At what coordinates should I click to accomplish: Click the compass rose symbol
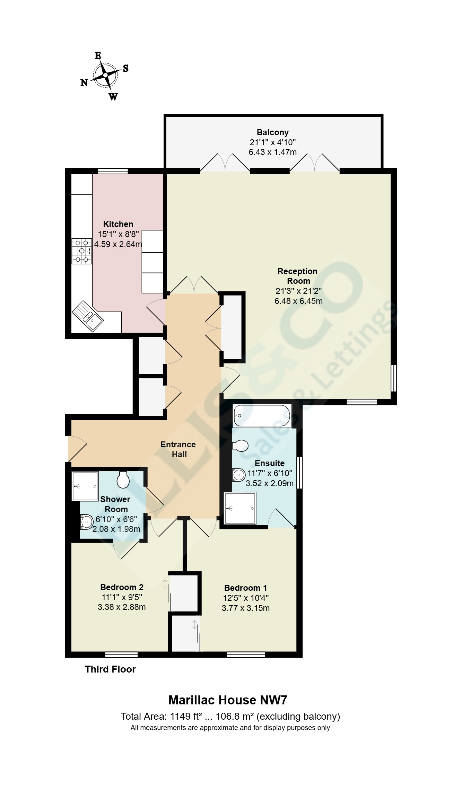pos(105,76)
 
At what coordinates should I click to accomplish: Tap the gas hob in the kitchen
pos(82,251)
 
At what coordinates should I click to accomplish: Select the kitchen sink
pos(88,316)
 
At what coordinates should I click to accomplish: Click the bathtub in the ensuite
pos(262,415)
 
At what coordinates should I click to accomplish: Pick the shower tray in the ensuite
pos(240,508)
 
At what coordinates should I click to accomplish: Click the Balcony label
pos(272,132)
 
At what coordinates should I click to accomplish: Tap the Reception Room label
pos(298,276)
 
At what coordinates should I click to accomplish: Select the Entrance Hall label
pos(178,449)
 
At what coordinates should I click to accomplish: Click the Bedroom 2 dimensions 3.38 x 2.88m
pos(121,607)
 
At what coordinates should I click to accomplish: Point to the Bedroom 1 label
pos(245,588)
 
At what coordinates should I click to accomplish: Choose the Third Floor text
pos(110,669)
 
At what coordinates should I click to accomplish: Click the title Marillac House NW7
pos(228,700)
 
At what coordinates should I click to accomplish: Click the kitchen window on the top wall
pos(113,171)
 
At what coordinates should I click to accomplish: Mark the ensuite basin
pos(238,475)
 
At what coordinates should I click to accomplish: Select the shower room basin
pos(86,522)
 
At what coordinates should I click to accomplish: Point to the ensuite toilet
pos(240,446)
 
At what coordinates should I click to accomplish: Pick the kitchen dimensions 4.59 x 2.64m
pos(118,244)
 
